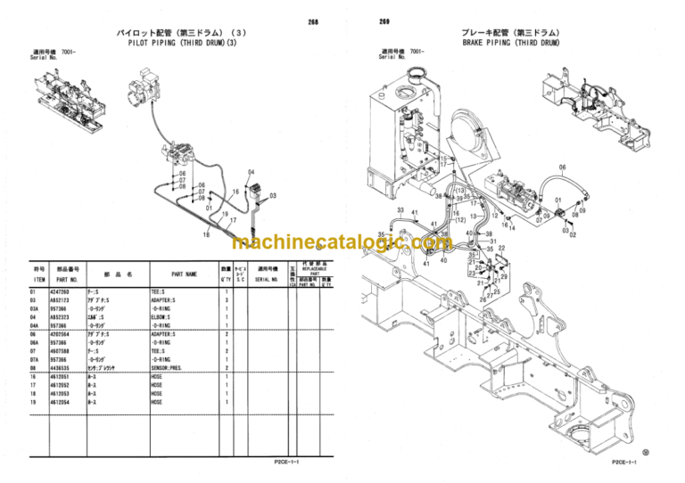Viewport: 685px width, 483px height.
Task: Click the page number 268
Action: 312,20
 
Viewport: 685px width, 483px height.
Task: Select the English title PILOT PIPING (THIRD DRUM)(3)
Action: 183,42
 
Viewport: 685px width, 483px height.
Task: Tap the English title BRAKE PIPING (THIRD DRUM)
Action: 510,42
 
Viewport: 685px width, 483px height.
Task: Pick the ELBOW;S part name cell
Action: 161,317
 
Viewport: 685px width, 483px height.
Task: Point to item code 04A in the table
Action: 36,325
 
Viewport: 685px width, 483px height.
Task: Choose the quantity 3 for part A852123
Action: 227,300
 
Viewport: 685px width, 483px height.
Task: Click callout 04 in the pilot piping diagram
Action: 251,171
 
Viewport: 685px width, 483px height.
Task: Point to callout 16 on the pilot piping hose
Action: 235,192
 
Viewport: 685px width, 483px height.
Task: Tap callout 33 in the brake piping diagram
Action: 400,210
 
